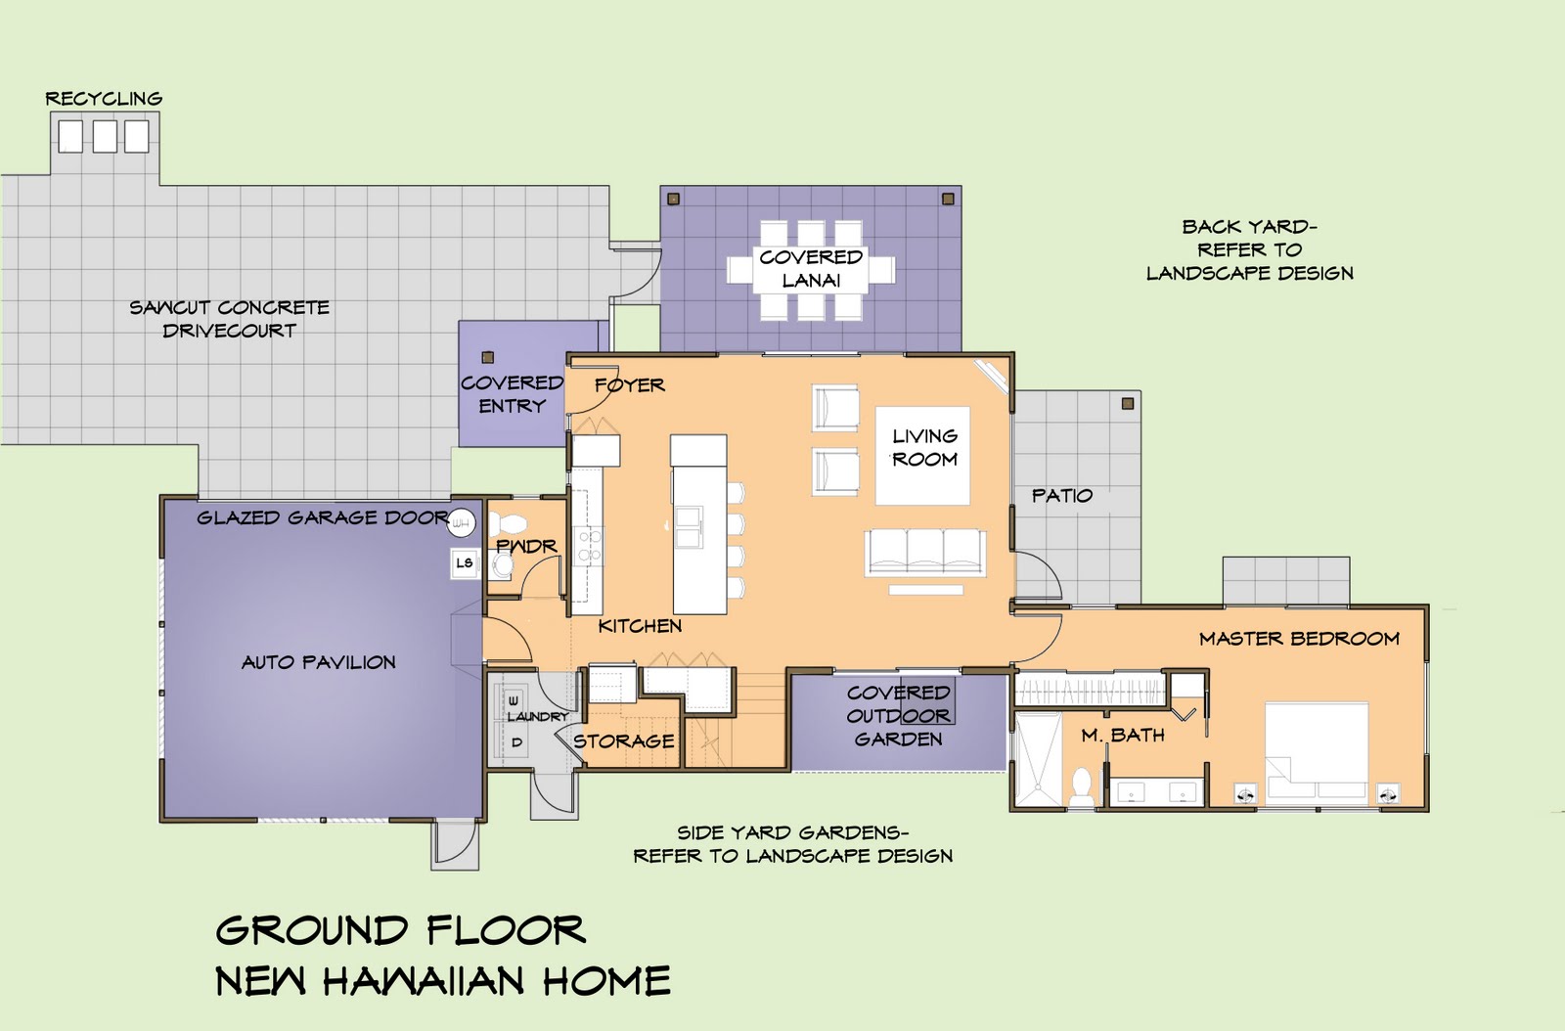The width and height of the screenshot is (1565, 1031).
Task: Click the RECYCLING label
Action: coord(104,99)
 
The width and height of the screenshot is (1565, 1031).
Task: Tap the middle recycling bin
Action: coord(105,136)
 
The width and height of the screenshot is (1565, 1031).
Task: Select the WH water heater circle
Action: coord(461,522)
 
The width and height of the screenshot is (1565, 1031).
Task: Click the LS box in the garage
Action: coord(465,563)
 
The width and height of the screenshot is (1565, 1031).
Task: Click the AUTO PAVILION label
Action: coord(319,662)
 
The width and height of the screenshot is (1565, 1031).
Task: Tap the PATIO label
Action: coord(1062,496)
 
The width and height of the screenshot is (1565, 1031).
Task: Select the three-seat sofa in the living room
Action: coord(925,553)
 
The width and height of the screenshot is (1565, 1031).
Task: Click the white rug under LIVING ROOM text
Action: coord(923,456)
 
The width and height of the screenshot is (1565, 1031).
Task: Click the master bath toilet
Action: coord(1083,787)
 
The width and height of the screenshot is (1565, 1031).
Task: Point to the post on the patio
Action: coord(1128,404)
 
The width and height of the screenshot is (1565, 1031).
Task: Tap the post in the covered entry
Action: coord(488,358)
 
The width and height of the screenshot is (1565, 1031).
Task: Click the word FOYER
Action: coord(630,384)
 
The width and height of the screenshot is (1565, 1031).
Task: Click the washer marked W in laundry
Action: coord(514,700)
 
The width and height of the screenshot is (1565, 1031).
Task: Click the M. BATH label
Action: coord(1123,735)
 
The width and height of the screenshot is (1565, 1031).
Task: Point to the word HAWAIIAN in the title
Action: coord(425,980)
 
